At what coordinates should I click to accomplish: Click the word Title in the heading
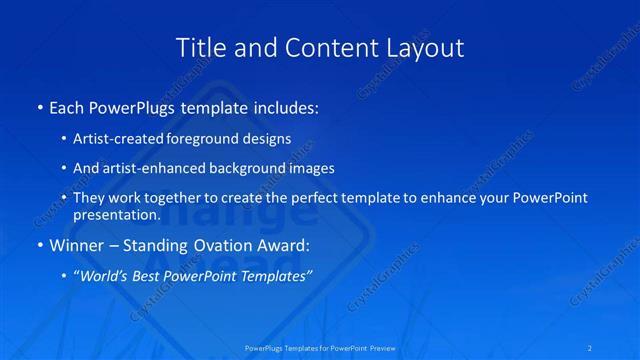click(200, 47)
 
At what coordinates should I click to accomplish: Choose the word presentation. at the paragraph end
click(117, 214)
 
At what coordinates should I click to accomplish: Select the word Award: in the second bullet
click(281, 245)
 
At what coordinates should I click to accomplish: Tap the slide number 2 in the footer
click(591, 347)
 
